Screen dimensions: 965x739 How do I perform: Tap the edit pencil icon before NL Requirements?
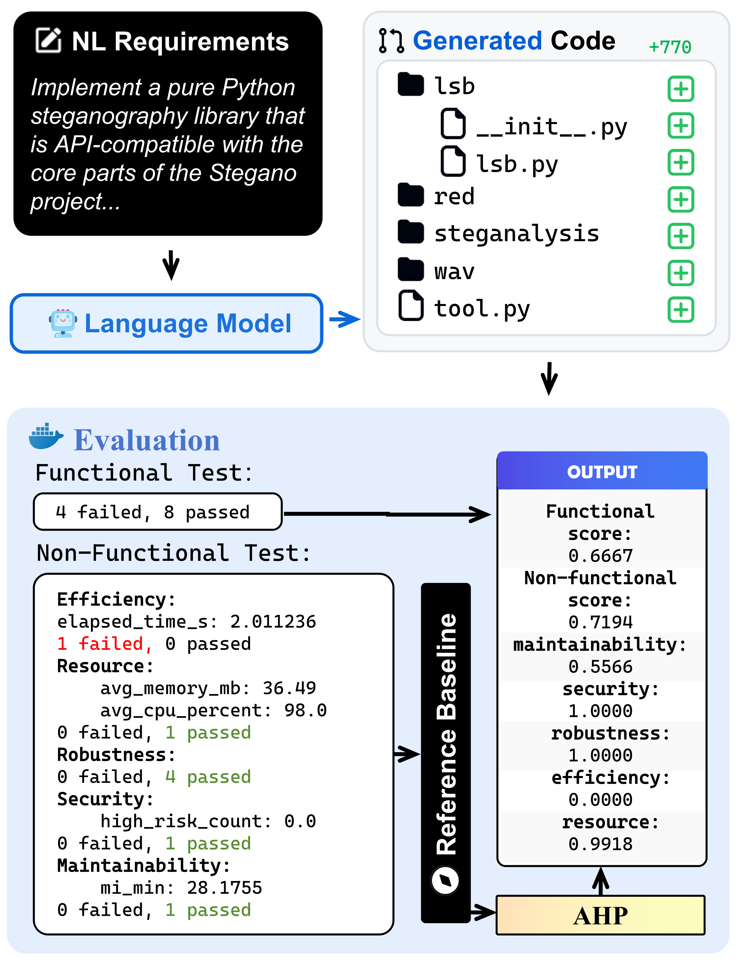(x=48, y=41)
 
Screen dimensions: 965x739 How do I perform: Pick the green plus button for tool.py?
(x=681, y=310)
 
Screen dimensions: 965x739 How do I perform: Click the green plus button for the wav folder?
(x=681, y=273)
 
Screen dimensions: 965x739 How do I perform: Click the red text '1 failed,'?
(x=104, y=644)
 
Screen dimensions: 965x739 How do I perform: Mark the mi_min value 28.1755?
(x=224, y=887)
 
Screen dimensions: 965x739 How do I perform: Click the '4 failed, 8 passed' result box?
(x=158, y=512)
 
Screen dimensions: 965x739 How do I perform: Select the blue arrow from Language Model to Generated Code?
(x=345, y=319)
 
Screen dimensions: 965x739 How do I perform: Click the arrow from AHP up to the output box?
(x=600, y=881)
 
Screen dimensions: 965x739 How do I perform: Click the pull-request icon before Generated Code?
(x=391, y=41)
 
